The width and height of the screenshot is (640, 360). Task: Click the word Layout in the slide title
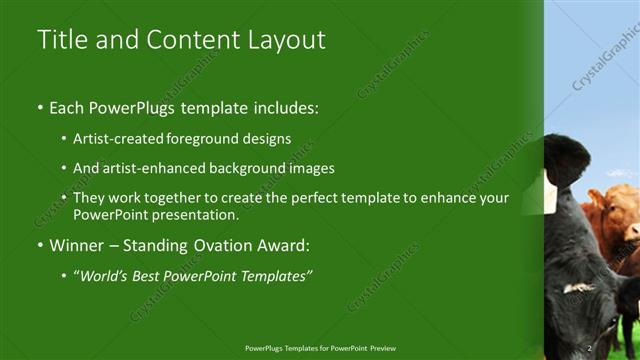[x=290, y=40]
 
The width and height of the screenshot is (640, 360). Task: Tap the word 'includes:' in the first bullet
[x=283, y=106]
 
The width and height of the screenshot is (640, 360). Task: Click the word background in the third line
[x=249, y=168]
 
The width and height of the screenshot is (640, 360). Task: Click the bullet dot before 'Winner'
[x=40, y=246]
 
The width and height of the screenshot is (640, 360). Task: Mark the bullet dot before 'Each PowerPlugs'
[x=40, y=107]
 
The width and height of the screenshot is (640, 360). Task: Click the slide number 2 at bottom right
[x=590, y=347]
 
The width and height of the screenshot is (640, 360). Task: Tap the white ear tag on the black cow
[x=551, y=190]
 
